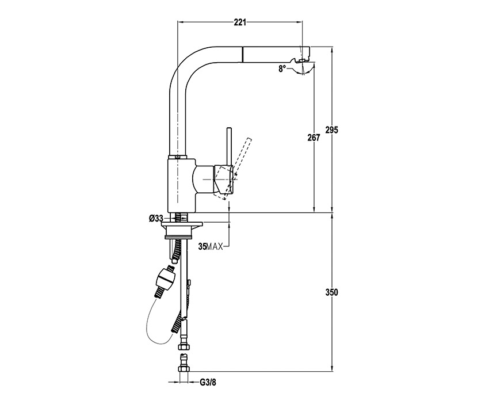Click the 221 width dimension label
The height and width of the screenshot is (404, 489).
pyautogui.click(x=240, y=22)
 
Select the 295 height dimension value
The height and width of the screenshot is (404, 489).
pyautogui.click(x=332, y=130)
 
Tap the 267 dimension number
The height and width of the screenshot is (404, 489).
pyautogui.click(x=314, y=138)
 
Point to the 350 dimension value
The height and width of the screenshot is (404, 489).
pyautogui.click(x=332, y=292)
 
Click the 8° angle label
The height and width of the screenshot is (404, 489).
pyautogui.click(x=282, y=68)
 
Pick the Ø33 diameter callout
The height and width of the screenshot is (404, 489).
pyautogui.click(x=156, y=219)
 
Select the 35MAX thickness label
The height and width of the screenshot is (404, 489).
pyautogui.click(x=211, y=247)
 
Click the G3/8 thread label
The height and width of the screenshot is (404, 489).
pyautogui.click(x=208, y=382)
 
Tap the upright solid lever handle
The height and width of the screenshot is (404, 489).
pyautogui.click(x=229, y=146)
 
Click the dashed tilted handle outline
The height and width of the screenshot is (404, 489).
pyautogui.click(x=237, y=169)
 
